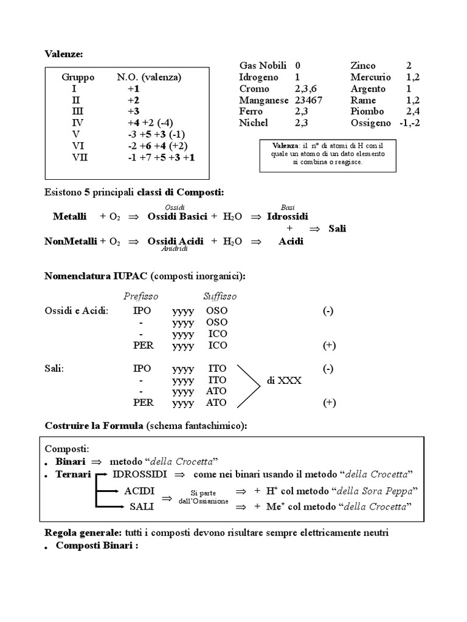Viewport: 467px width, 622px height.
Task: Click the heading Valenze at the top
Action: pyautogui.click(x=64, y=55)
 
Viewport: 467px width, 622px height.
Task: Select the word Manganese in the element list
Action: pyautogui.click(x=264, y=100)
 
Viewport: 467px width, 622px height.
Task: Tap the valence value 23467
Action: pyautogui.click(x=309, y=100)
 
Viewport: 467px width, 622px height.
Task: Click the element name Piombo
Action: pyautogui.click(x=367, y=112)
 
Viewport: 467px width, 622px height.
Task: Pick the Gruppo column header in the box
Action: pyautogui.click(x=78, y=77)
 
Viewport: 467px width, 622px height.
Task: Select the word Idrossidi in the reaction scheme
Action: pyautogui.click(x=288, y=216)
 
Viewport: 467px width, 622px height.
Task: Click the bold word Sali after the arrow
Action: pyautogui.click(x=337, y=228)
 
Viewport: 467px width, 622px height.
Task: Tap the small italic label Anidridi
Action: pyautogui.click(x=175, y=248)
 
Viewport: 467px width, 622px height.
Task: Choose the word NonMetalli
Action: pyautogui.click(x=71, y=241)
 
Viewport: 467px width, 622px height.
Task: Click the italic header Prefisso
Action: pyautogui.click(x=140, y=296)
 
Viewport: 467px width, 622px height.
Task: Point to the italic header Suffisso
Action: pyautogui.click(x=220, y=296)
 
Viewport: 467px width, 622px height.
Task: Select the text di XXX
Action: pyautogui.click(x=284, y=380)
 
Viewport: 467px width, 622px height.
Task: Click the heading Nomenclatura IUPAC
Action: pyautogui.click(x=97, y=276)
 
